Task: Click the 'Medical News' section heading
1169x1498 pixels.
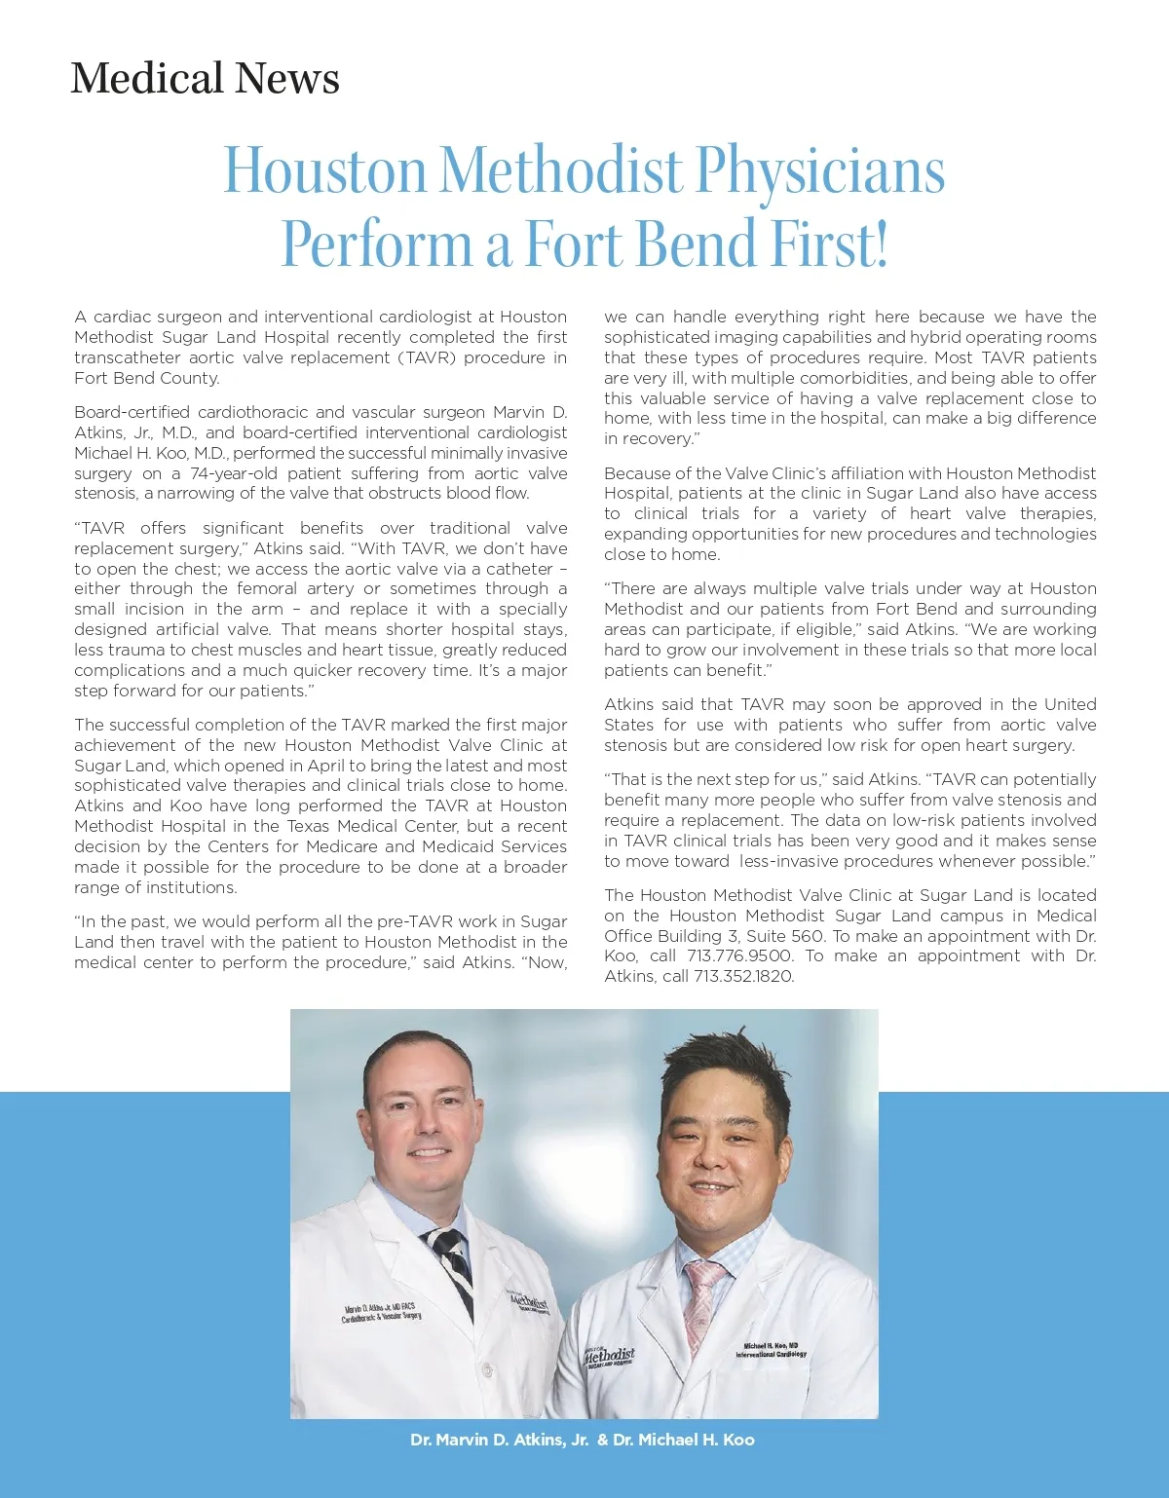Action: [x=205, y=78]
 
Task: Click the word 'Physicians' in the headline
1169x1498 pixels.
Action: [x=819, y=170]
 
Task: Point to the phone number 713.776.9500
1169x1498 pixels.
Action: [x=740, y=956]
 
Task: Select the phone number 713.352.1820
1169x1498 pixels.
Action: [x=743, y=977]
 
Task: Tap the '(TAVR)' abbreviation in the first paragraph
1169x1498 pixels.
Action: [x=424, y=357]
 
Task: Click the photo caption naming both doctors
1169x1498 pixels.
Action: [x=583, y=1440]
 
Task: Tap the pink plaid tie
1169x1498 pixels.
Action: [x=702, y=1305]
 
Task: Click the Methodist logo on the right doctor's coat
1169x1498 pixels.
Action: [x=610, y=1356]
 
